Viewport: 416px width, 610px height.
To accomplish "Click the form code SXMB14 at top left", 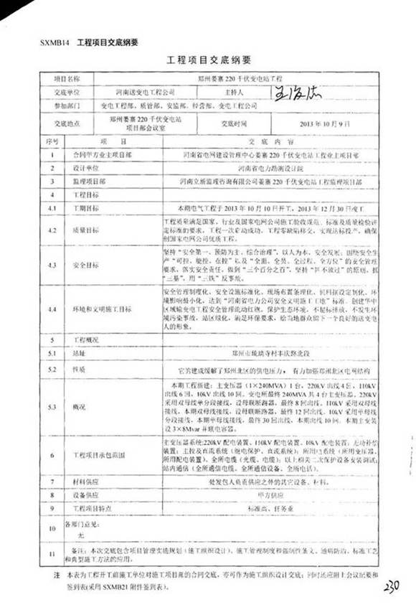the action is [51, 42].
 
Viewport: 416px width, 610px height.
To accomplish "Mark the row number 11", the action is [52, 553].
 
